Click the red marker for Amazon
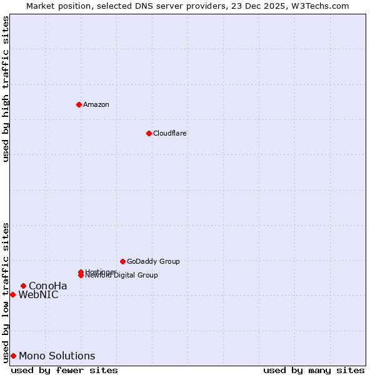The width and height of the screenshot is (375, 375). coord(79,104)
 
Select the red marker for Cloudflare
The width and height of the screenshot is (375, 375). coord(149,133)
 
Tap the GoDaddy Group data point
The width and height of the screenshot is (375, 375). coord(122,261)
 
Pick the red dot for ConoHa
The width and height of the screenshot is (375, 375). coord(23,286)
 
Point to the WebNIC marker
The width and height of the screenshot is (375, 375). coord(12,294)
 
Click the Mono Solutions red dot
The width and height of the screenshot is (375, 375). coord(13,356)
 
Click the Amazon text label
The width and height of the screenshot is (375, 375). coord(96,104)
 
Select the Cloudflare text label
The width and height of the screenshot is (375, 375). coord(169,133)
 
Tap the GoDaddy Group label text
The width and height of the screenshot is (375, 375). coord(153,261)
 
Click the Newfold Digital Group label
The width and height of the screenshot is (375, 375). coord(121,276)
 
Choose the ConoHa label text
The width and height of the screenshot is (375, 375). coord(47,286)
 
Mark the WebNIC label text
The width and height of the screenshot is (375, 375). coord(38,295)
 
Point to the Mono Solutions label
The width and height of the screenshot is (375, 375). coord(57,356)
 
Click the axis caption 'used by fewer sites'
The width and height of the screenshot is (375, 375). coord(64,370)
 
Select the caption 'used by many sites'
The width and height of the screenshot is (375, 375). coord(314,370)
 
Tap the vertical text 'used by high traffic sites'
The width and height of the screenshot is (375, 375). coord(6,89)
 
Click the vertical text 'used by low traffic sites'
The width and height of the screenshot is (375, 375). coord(6,292)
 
